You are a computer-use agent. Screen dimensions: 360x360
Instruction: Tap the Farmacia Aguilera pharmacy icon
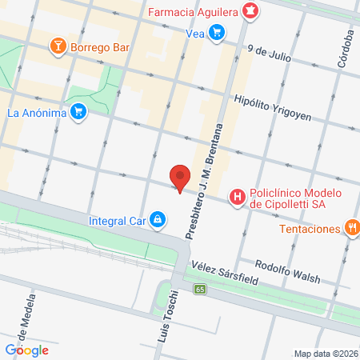click(251, 11)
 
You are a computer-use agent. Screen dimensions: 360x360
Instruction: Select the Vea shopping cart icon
click(216, 33)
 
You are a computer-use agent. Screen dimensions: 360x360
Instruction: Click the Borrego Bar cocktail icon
click(58, 46)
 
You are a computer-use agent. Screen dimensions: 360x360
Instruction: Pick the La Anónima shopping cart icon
click(78, 112)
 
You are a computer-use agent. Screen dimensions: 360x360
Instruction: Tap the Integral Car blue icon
click(158, 218)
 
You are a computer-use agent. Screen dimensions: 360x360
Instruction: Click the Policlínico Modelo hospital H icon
click(238, 195)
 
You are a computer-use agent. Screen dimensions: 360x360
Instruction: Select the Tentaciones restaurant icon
click(351, 228)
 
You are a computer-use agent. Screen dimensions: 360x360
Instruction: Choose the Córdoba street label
click(346, 50)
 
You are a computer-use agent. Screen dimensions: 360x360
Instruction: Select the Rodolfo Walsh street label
click(286, 272)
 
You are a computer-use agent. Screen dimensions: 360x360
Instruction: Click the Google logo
click(26, 350)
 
